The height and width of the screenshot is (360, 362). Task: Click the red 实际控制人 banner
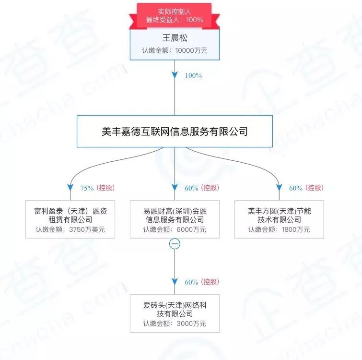[174, 15]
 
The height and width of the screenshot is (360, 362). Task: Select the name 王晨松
[174, 38]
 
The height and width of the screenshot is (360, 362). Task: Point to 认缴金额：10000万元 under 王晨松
[174, 50]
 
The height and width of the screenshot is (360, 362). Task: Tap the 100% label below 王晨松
[193, 76]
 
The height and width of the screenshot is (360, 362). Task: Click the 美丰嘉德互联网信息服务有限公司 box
[175, 131]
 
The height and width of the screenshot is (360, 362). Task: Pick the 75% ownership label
[87, 188]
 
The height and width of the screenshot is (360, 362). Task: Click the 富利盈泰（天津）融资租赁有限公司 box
[70, 219]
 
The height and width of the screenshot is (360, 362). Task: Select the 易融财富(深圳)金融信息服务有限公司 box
[175, 219]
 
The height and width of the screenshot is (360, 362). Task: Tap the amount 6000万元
[189, 230]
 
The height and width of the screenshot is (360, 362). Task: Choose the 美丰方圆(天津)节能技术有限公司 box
[279, 219]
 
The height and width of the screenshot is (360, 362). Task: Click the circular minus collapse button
[175, 244]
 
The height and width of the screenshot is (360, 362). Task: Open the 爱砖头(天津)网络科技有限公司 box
[175, 313]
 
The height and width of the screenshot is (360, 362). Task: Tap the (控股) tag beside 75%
[106, 188]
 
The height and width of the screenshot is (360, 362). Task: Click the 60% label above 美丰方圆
[296, 188]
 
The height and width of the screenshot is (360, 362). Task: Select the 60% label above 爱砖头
[191, 282]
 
